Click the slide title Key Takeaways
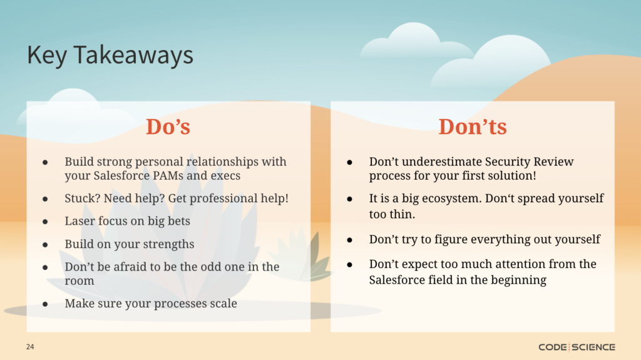[110, 55]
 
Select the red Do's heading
[168, 126]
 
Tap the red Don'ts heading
[473, 126]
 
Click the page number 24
[30, 347]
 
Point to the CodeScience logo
[577, 347]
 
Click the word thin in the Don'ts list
[402, 214]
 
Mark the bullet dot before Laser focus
[45, 222]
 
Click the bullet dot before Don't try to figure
[349, 240]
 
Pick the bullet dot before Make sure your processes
[45, 304]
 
